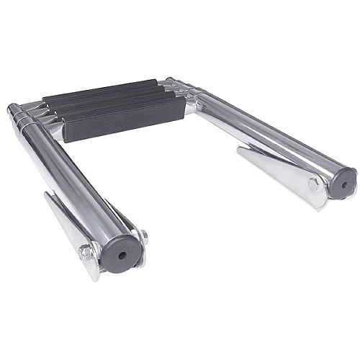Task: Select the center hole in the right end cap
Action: tap(343, 184)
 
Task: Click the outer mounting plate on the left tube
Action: tap(72, 230)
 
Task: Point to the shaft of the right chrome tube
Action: tap(274, 137)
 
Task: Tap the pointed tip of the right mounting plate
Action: tap(239, 149)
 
